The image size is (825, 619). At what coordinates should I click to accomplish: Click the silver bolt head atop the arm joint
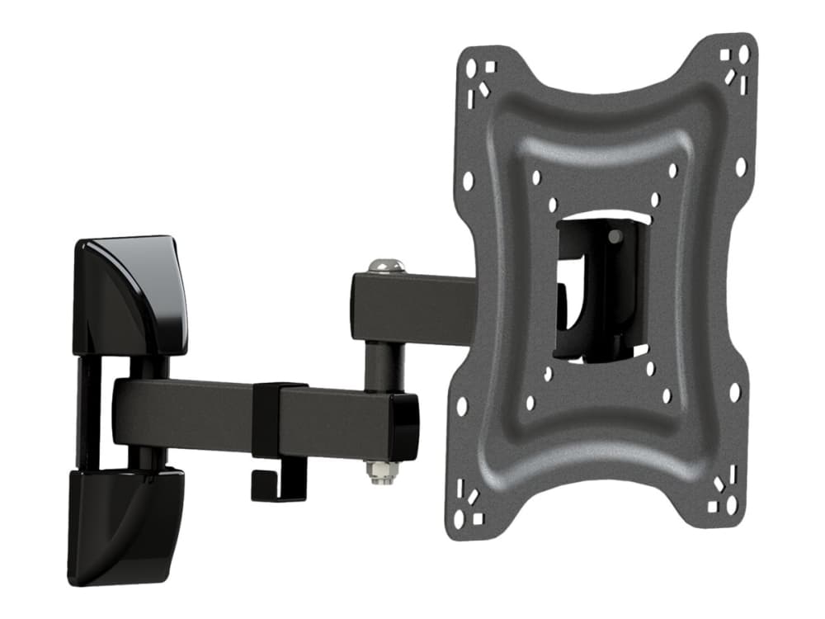click(386, 266)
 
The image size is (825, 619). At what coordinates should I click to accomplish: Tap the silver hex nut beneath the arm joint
click(382, 472)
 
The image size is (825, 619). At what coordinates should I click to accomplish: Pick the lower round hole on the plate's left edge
click(462, 406)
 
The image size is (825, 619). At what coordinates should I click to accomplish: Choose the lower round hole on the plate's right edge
click(734, 392)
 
